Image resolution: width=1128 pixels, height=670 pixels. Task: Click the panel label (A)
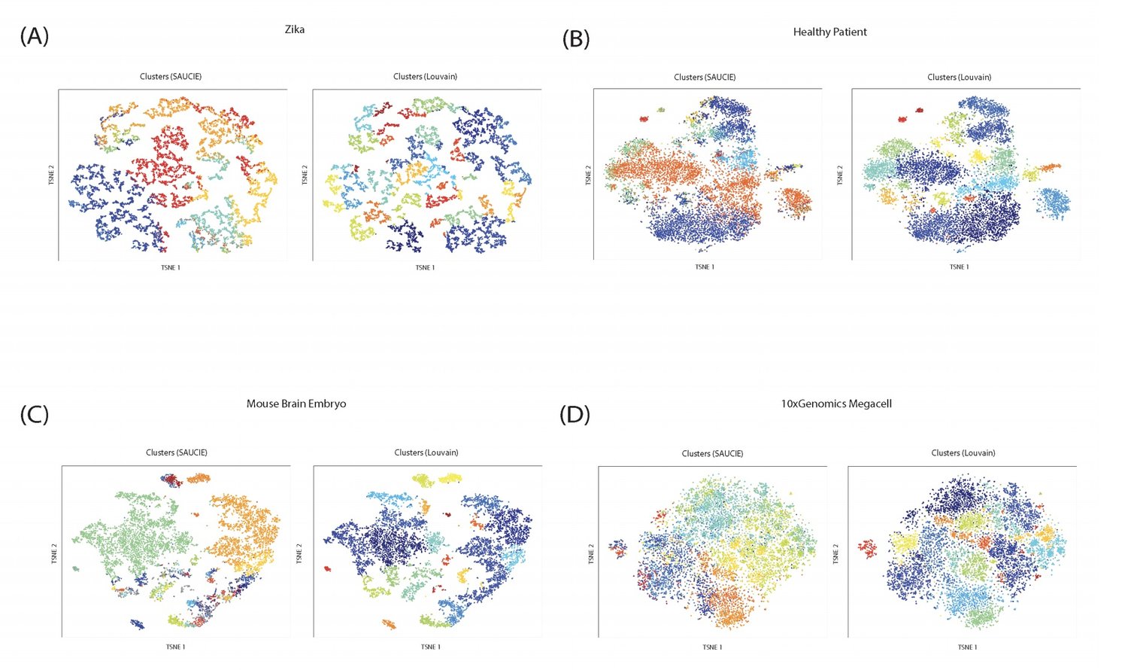click(x=35, y=35)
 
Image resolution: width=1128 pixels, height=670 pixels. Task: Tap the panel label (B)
click(x=576, y=38)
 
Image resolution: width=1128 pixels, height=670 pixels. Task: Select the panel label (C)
click(x=35, y=413)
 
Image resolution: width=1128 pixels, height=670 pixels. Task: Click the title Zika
click(x=294, y=29)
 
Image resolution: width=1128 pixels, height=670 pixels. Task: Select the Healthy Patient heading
click(x=829, y=32)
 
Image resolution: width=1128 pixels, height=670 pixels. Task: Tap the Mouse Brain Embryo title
click(x=296, y=404)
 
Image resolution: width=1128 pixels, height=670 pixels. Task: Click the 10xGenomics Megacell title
click(x=836, y=404)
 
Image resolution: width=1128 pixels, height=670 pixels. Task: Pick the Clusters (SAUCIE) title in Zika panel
click(x=171, y=77)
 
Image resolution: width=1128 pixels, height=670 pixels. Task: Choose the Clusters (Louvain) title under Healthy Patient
click(x=959, y=78)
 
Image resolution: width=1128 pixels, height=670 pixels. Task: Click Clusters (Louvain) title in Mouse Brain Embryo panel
click(x=426, y=452)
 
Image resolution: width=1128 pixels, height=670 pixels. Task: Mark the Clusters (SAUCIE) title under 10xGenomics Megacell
click(x=712, y=453)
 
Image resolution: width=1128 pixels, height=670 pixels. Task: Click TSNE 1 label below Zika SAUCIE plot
click(x=171, y=268)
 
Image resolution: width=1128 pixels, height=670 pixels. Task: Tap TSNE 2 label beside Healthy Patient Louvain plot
click(x=840, y=175)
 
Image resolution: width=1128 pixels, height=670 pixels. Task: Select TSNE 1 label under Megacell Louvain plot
click(x=967, y=647)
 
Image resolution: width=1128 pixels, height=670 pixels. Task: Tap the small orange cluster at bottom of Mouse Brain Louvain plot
click(x=389, y=624)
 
